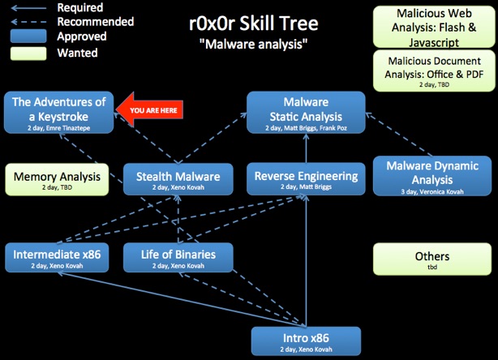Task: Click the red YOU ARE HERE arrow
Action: (x=149, y=109)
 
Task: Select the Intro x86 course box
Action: (x=306, y=341)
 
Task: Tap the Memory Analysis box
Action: (x=57, y=179)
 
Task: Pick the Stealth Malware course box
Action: (x=178, y=179)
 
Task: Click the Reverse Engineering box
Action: (x=306, y=178)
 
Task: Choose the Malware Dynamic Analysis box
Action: (x=432, y=176)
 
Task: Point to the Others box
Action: (x=432, y=259)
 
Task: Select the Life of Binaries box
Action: (x=178, y=258)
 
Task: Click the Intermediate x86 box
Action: (x=57, y=258)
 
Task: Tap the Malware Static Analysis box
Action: (x=306, y=113)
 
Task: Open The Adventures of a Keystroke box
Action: (x=58, y=113)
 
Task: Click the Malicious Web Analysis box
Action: (x=434, y=27)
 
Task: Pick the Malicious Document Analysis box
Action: (x=434, y=71)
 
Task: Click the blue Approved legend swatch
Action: (x=28, y=36)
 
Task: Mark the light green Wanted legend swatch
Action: (x=28, y=54)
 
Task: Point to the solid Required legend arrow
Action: (x=28, y=8)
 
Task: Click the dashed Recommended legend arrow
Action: (x=28, y=22)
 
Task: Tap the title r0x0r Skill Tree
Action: (x=253, y=24)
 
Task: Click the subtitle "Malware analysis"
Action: (x=253, y=44)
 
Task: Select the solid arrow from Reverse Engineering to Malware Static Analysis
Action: (x=306, y=148)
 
